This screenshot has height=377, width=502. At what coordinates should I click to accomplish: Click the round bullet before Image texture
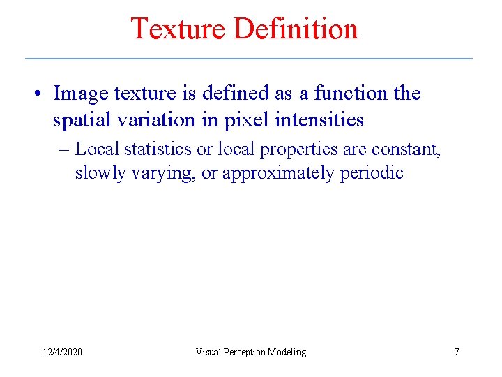[x=41, y=94]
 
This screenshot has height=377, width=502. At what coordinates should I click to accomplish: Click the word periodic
[x=372, y=172]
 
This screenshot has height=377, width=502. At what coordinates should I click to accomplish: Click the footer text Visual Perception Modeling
[x=250, y=352]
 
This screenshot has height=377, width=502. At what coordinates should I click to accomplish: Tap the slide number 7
[x=457, y=352]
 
